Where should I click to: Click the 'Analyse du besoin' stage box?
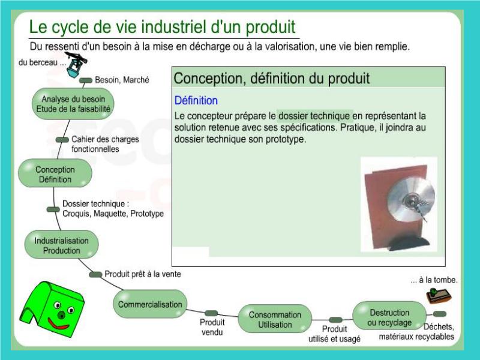pyautogui.click(x=73, y=104)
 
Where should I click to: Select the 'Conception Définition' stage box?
pyautogui.click(x=55, y=173)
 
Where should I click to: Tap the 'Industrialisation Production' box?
pyautogui.click(x=62, y=245)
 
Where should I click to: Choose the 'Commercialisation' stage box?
pyautogui.click(x=150, y=304)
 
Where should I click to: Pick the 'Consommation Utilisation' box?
pyautogui.click(x=275, y=319)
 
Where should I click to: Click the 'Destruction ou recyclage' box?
pyautogui.click(x=389, y=316)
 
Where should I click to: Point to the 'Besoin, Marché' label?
pyautogui.click(x=122, y=80)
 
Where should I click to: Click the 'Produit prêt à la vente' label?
pyautogui.click(x=143, y=274)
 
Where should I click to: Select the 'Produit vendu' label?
pyautogui.click(x=212, y=327)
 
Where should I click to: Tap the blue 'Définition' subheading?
pyautogui.click(x=196, y=100)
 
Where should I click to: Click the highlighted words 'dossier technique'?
pyautogui.click(x=314, y=116)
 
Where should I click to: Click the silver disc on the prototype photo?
pyautogui.click(x=411, y=199)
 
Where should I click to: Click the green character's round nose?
pyautogui.click(x=62, y=314)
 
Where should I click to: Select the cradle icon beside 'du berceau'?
pyautogui.click(x=76, y=65)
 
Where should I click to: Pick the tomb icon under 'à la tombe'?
pyautogui.click(x=439, y=295)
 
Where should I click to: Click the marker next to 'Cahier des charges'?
pyautogui.click(x=62, y=140)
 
